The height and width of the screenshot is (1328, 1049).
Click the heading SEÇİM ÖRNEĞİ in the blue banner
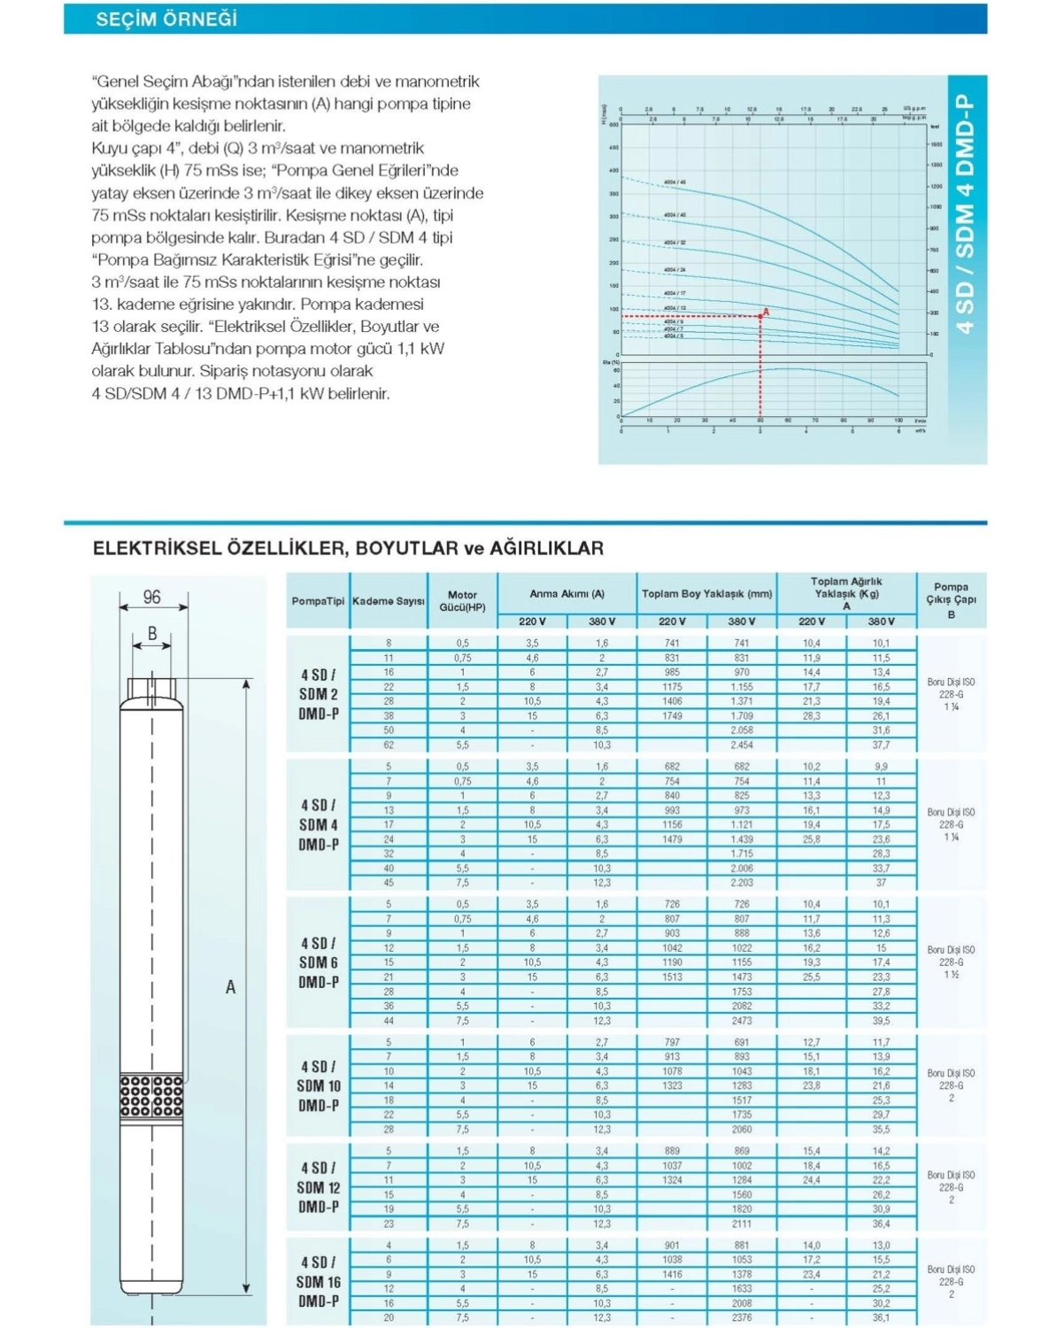click(166, 19)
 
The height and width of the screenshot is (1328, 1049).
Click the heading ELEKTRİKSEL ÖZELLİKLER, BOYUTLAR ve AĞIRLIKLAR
click(348, 548)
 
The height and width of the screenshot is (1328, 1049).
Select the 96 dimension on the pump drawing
click(152, 597)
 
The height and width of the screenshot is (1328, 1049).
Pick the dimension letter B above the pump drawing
click(152, 633)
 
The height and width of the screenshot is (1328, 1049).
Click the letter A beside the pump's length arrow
click(230, 986)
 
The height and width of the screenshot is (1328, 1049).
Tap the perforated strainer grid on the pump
click(151, 1096)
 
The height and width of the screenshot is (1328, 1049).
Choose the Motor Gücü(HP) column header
click(462, 601)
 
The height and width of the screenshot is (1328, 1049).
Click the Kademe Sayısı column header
click(389, 601)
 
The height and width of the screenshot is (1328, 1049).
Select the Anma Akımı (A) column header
click(567, 593)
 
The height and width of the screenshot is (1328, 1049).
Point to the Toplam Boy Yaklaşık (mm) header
click(706, 593)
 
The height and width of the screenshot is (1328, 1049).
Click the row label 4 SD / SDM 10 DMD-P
click(319, 1085)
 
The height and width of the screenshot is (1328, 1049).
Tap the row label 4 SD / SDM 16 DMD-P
click(319, 1281)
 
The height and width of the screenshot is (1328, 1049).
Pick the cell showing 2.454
click(742, 745)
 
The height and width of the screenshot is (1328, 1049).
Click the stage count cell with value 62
click(389, 745)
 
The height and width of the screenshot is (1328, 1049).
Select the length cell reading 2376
click(742, 1317)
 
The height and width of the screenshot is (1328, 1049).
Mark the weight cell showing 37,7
click(881, 745)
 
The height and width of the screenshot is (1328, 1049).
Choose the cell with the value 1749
click(672, 715)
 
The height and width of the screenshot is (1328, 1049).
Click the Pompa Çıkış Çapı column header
click(951, 600)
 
